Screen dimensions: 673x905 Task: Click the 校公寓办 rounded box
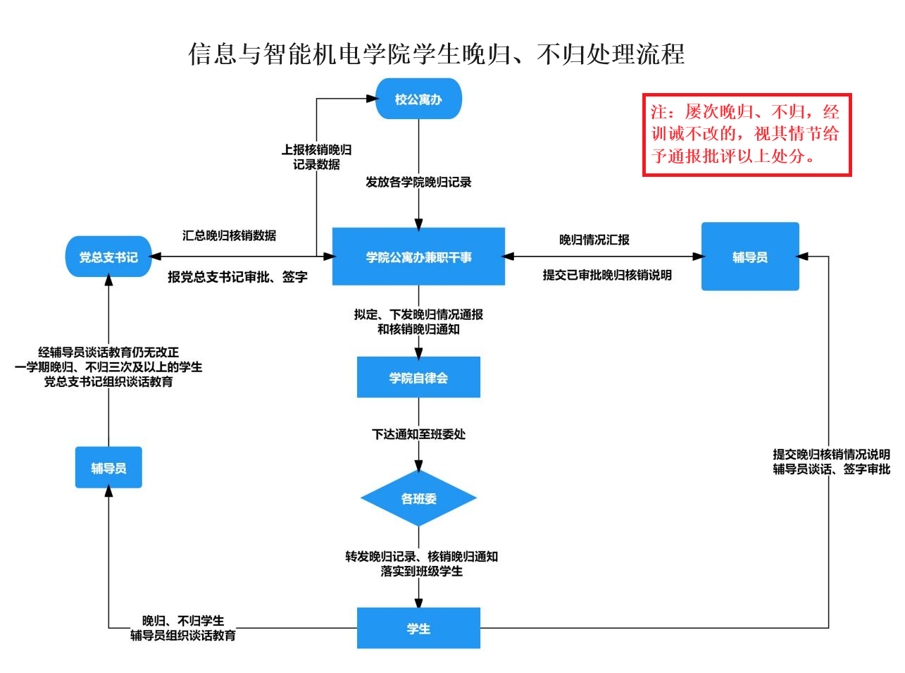pyautogui.click(x=418, y=99)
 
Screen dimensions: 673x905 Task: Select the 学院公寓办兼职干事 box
pyautogui.click(x=418, y=257)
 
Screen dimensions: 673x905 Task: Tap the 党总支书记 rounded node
pyautogui.click(x=108, y=257)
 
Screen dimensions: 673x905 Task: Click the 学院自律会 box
pyautogui.click(x=418, y=377)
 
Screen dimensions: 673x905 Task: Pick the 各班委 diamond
pyautogui.click(x=418, y=498)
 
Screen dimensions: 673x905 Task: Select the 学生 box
pyautogui.click(x=418, y=628)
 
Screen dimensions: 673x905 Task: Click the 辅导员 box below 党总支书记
pyautogui.click(x=108, y=467)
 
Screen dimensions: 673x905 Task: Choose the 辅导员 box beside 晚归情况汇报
pyautogui.click(x=750, y=257)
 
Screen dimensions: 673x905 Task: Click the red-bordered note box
pyautogui.click(x=747, y=135)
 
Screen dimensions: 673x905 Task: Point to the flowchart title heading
pyautogui.click(x=437, y=54)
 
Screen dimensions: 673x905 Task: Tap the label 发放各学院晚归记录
pyautogui.click(x=418, y=182)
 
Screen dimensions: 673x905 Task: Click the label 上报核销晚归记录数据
pyautogui.click(x=316, y=156)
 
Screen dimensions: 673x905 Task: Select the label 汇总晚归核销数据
pyautogui.click(x=229, y=235)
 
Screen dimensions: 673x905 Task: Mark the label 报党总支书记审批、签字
pyautogui.click(x=237, y=277)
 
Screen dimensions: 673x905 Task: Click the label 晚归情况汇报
pyautogui.click(x=594, y=240)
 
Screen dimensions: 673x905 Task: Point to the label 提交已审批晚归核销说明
pyautogui.click(x=607, y=275)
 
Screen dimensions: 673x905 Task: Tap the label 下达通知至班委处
pyautogui.click(x=418, y=434)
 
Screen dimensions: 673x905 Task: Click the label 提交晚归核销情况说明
pyautogui.click(x=831, y=455)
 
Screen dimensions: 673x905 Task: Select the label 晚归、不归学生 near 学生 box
pyautogui.click(x=183, y=621)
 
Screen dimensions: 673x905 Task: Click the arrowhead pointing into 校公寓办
pyautogui.click(x=372, y=99)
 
